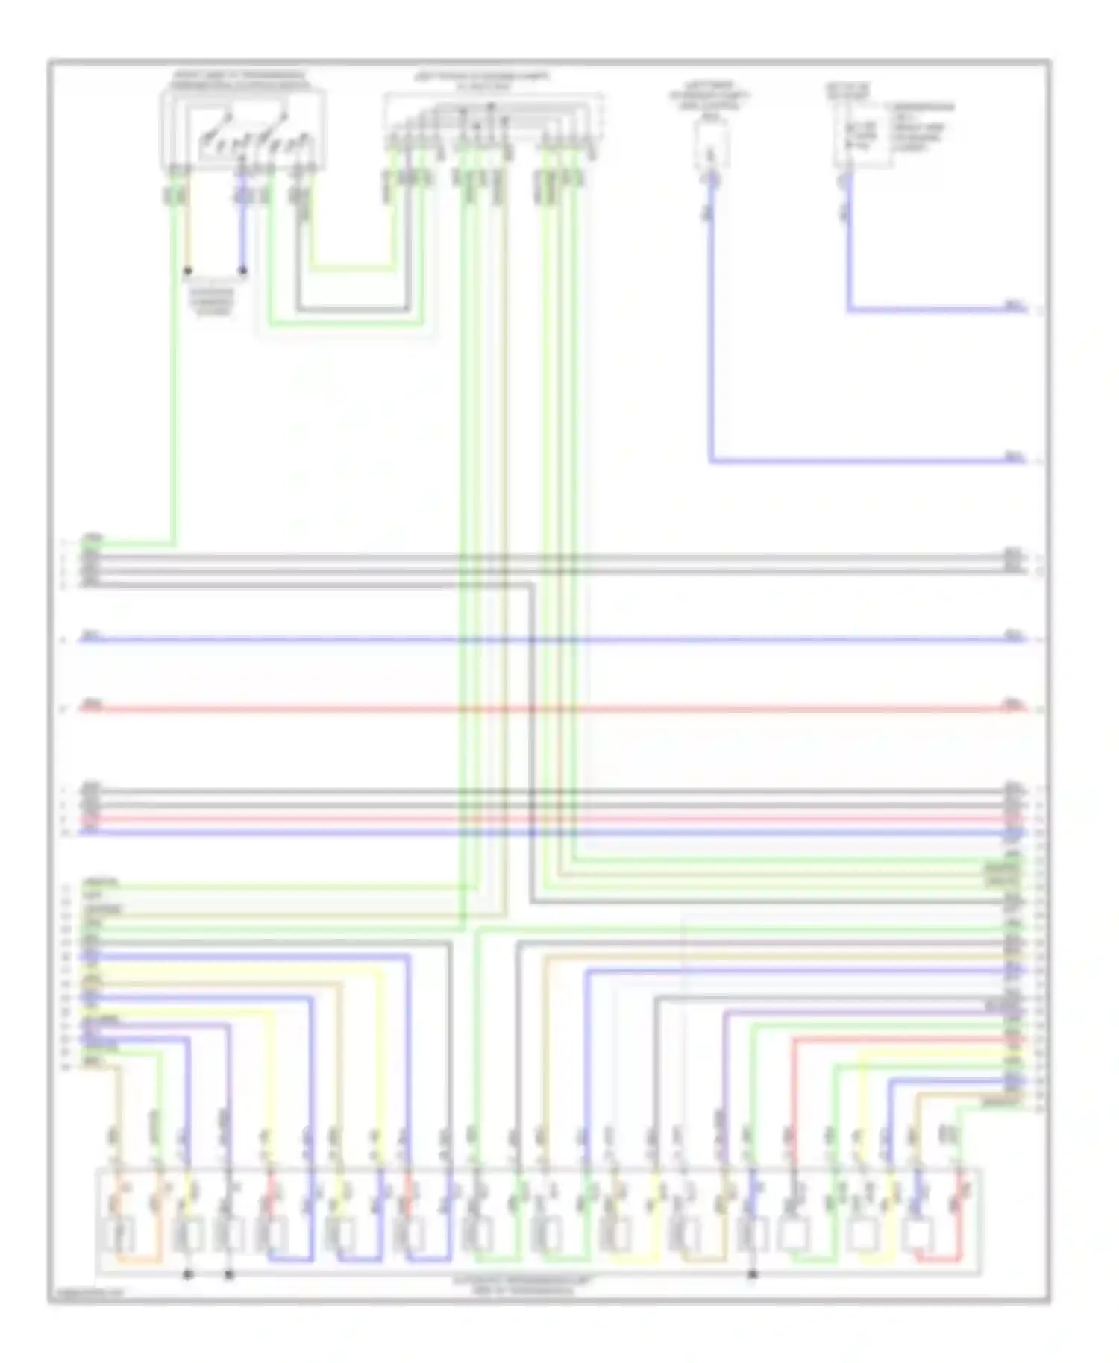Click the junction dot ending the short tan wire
point(188,271)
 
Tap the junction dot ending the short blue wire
point(242,271)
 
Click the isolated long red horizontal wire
point(552,708)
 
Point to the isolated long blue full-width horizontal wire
point(552,640)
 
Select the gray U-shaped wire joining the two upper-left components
point(351,309)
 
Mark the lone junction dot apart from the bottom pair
point(752,1275)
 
